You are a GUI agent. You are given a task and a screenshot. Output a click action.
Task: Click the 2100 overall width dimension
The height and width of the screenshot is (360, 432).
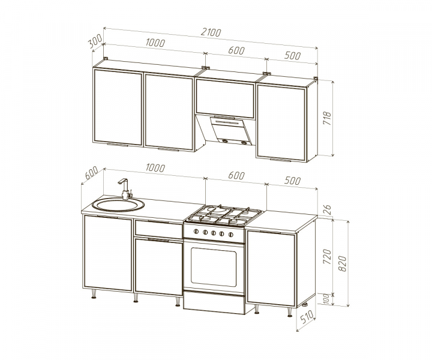point(211,32)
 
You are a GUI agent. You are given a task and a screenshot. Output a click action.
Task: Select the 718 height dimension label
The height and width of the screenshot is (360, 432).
point(327,118)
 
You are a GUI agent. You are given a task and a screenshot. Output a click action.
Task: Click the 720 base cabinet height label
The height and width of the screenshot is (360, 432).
point(327,256)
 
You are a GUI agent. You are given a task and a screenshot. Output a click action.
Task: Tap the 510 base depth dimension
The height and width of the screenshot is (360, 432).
point(307,317)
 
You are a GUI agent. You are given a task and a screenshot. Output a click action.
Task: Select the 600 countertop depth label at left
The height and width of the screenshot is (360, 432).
point(92,173)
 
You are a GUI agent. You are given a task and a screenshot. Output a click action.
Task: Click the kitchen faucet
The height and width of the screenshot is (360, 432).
point(125,188)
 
